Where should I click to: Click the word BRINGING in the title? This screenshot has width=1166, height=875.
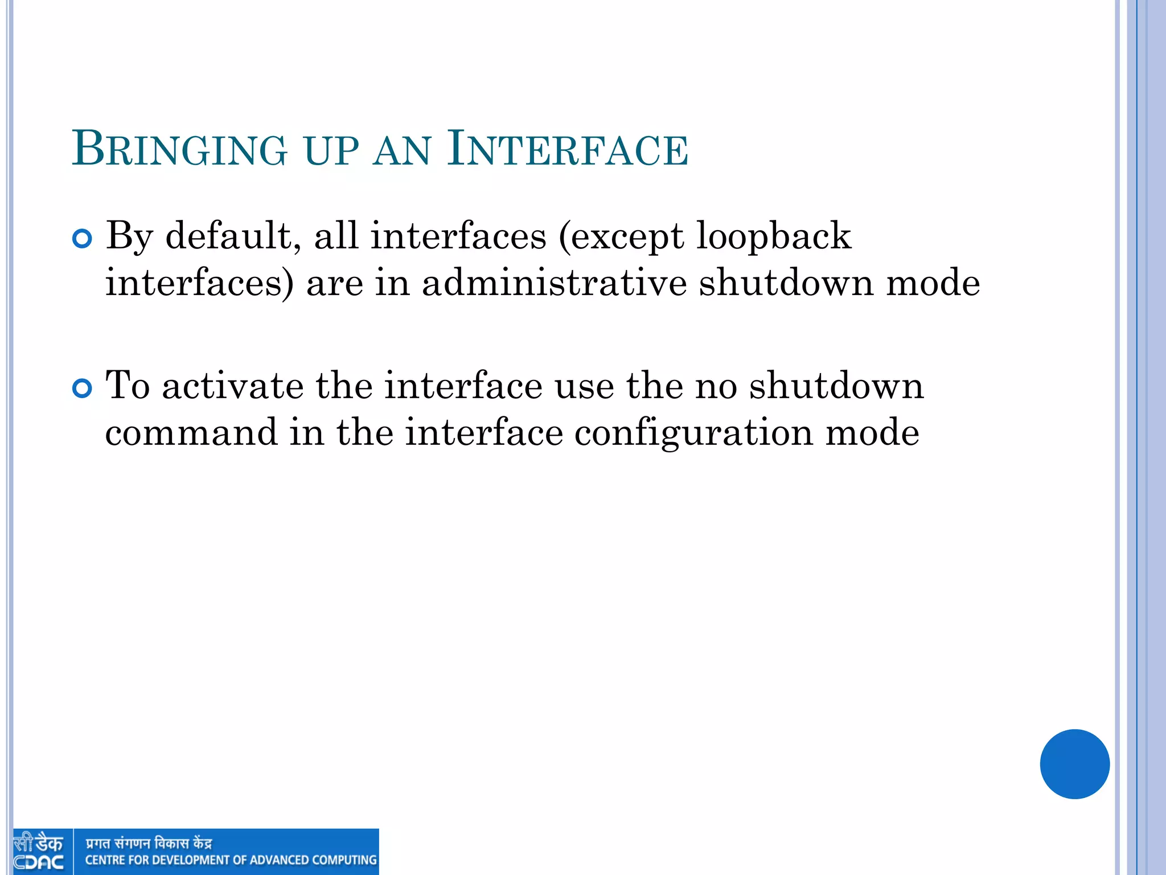tap(179, 149)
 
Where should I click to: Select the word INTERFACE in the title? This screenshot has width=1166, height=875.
tap(568, 149)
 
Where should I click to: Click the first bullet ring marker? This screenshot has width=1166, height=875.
tap(83, 239)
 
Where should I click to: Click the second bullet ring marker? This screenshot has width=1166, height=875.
tap(83, 389)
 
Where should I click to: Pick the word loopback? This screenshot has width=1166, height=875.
tap(774, 236)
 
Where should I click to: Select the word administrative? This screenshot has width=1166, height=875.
tap(554, 283)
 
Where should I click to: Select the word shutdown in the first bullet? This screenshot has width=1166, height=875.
tap(786, 283)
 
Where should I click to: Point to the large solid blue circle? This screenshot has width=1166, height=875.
tap(1074, 764)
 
